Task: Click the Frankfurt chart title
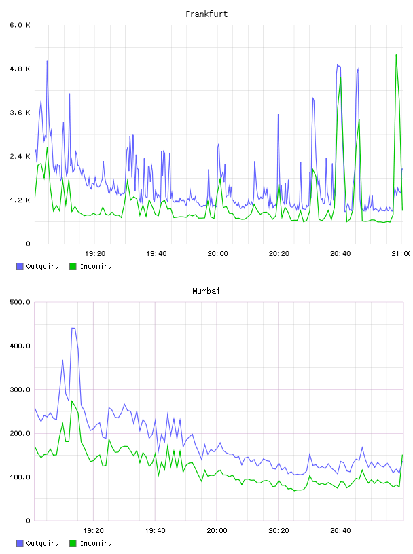click(206, 14)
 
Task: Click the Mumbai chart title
click(206, 291)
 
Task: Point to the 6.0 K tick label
click(20, 25)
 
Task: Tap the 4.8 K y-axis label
click(20, 69)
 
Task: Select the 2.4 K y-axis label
click(20, 157)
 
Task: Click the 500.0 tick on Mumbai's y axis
click(20, 302)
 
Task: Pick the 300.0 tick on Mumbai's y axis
click(20, 390)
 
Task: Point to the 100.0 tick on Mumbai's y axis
click(20, 477)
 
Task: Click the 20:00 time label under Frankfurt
click(217, 254)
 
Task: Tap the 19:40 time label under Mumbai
click(155, 531)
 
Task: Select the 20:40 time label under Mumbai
click(340, 531)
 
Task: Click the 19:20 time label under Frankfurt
click(95, 254)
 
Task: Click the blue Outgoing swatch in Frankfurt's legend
click(20, 266)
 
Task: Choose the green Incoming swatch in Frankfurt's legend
click(73, 266)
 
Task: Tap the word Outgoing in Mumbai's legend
click(42, 543)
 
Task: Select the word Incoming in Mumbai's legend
click(96, 543)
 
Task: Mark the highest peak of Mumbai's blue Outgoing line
click(73, 328)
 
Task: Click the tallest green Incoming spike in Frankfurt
click(396, 55)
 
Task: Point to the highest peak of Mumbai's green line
click(72, 401)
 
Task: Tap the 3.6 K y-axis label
click(20, 113)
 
